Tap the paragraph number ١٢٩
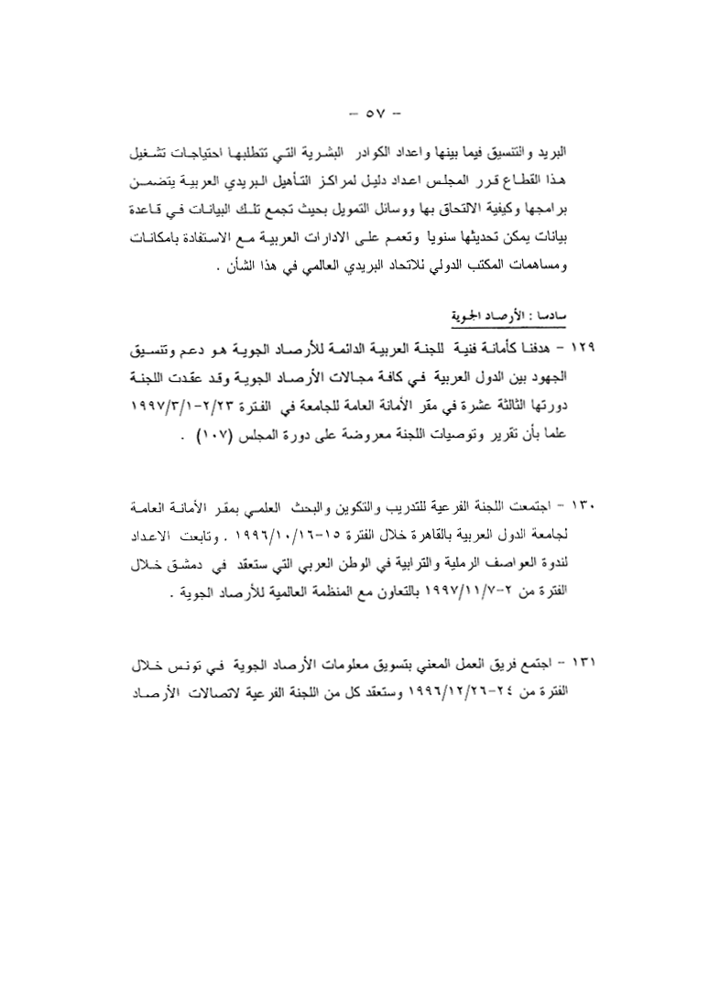582,350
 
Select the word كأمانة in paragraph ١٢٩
508,350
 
